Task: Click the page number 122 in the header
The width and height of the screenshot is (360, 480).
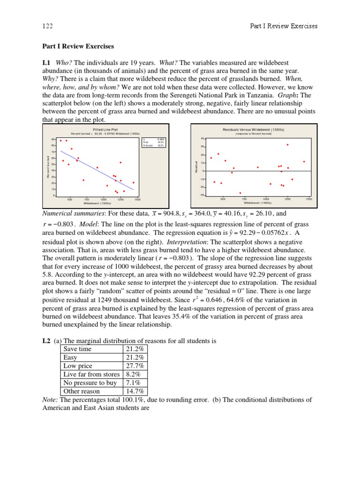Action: (48, 26)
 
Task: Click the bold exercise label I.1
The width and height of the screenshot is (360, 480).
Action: (47, 62)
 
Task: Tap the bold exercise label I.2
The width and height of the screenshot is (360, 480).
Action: (47, 341)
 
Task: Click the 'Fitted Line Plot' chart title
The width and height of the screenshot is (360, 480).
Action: (105, 129)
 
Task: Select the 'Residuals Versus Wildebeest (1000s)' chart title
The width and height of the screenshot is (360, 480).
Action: (254, 129)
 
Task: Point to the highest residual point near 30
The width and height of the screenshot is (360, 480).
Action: (288, 145)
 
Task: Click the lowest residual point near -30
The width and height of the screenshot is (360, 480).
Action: (240, 193)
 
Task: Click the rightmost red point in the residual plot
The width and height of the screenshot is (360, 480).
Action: (304, 162)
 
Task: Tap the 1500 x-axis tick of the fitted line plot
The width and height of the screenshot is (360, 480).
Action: (137, 200)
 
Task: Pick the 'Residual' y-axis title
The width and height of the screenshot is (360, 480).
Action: (196, 166)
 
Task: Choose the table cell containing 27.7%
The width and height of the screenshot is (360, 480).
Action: (135, 366)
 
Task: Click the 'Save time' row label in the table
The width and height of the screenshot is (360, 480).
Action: (78, 349)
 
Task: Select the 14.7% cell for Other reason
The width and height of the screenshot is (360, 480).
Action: (135, 391)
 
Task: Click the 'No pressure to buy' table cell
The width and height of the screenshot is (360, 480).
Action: (90, 383)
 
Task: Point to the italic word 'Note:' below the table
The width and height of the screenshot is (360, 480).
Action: (50, 400)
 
